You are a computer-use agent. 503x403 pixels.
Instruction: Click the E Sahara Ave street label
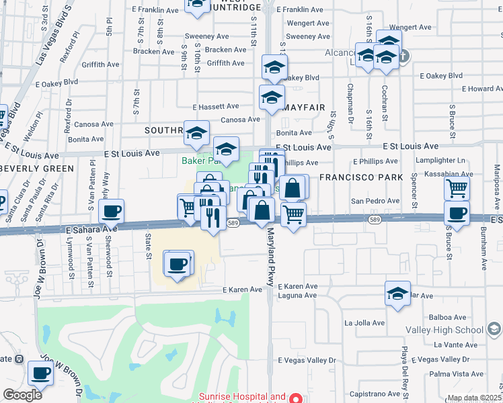(x=91, y=229)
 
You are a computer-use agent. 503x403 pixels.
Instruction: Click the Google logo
(x=22, y=395)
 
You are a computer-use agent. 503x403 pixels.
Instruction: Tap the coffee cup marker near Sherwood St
(x=111, y=212)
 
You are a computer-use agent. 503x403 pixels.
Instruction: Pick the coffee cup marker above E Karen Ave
(x=178, y=264)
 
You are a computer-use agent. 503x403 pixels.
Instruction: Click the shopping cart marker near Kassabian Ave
(x=457, y=189)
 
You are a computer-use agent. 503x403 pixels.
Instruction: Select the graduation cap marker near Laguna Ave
(x=397, y=294)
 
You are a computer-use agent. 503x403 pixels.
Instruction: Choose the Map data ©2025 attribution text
(x=475, y=398)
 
